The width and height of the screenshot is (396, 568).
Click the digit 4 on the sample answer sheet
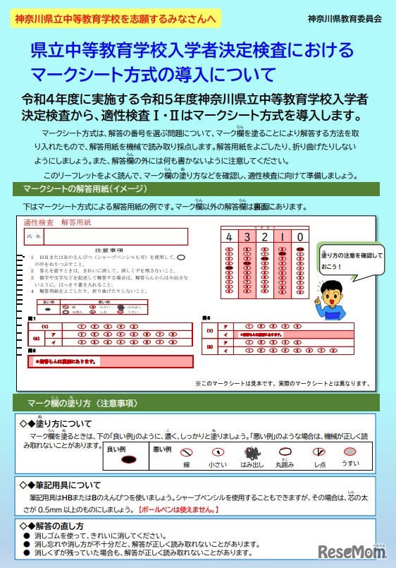click(x=230, y=236)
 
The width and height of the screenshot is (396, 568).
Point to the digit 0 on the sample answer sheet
click(x=300, y=236)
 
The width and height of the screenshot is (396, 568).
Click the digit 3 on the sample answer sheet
click(x=247, y=236)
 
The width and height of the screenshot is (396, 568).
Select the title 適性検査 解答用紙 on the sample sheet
click(x=54, y=222)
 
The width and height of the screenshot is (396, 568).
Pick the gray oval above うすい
click(x=350, y=452)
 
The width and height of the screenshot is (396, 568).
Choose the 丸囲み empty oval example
click(x=285, y=454)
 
